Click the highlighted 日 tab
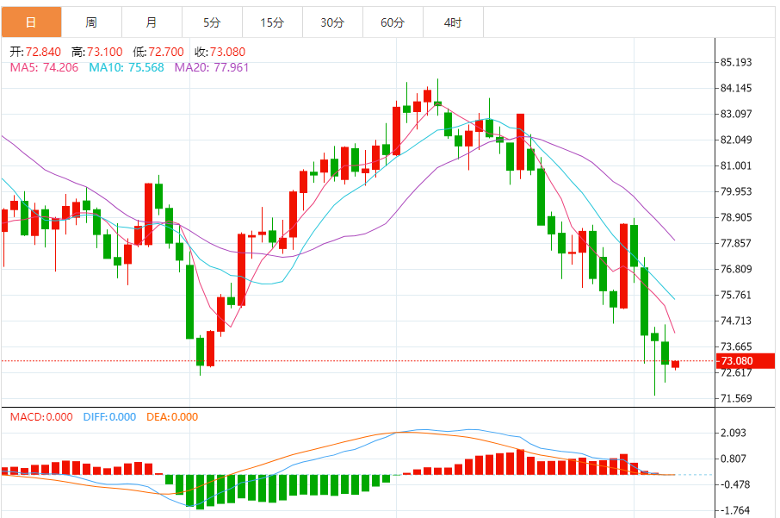[x=31, y=22]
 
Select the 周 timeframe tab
[x=91, y=22]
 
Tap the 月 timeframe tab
[x=152, y=22]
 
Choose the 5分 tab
[x=212, y=22]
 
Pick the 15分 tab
[x=272, y=22]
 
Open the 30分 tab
[x=332, y=22]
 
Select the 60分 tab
[x=393, y=22]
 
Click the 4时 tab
[x=453, y=22]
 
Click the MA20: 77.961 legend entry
[x=212, y=66]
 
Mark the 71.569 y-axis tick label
[x=736, y=398]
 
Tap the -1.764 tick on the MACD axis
[x=734, y=510]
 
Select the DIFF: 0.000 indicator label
[x=109, y=417]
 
